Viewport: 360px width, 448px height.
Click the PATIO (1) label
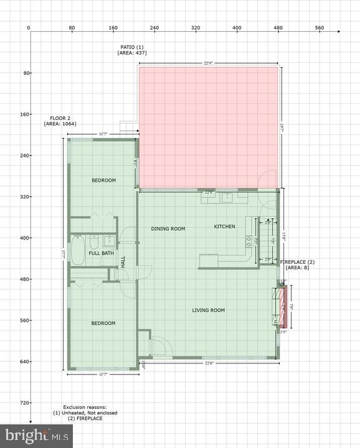132,47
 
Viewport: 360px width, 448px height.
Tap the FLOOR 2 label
60,118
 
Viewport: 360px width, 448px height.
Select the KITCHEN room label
225,226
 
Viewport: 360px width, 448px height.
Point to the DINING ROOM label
168,228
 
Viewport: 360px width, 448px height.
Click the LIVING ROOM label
208,310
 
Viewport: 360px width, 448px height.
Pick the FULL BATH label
101,253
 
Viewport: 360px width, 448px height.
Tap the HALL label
123,263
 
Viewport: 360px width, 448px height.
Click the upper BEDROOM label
103,180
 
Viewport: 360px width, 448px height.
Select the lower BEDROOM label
103,323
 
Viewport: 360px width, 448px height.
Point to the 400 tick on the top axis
237,27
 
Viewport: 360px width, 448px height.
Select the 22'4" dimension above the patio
209,63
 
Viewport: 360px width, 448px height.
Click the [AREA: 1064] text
60,124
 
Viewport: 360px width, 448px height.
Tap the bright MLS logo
36,436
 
